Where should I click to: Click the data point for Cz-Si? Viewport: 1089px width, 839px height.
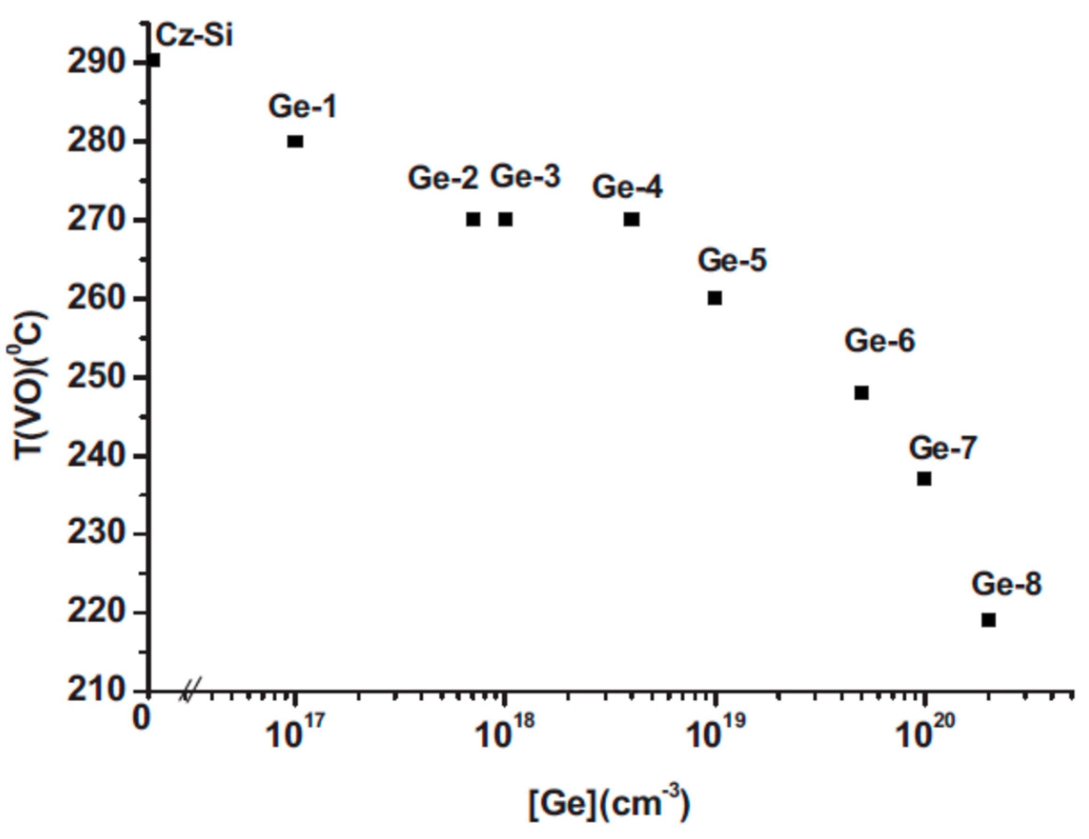coord(154,60)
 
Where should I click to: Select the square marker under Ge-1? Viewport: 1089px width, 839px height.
coord(295,142)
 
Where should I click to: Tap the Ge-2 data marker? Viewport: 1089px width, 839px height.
coord(473,219)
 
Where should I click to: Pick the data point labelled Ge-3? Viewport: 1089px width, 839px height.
coord(506,219)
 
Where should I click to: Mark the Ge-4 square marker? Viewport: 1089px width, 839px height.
coord(632,219)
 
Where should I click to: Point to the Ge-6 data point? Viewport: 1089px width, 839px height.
coord(862,393)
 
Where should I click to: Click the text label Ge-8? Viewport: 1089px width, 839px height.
coord(1007,584)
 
